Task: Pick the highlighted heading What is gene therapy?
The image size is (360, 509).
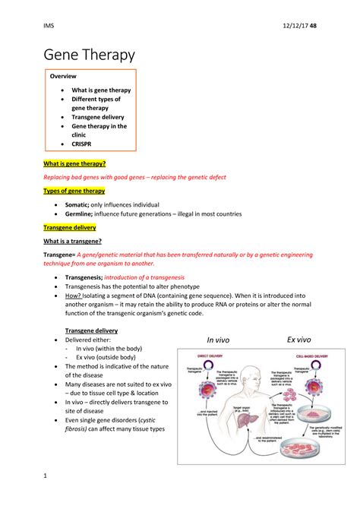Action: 74,164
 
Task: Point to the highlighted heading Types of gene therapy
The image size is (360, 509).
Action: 74,191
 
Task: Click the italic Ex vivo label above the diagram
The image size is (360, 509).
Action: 303,339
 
